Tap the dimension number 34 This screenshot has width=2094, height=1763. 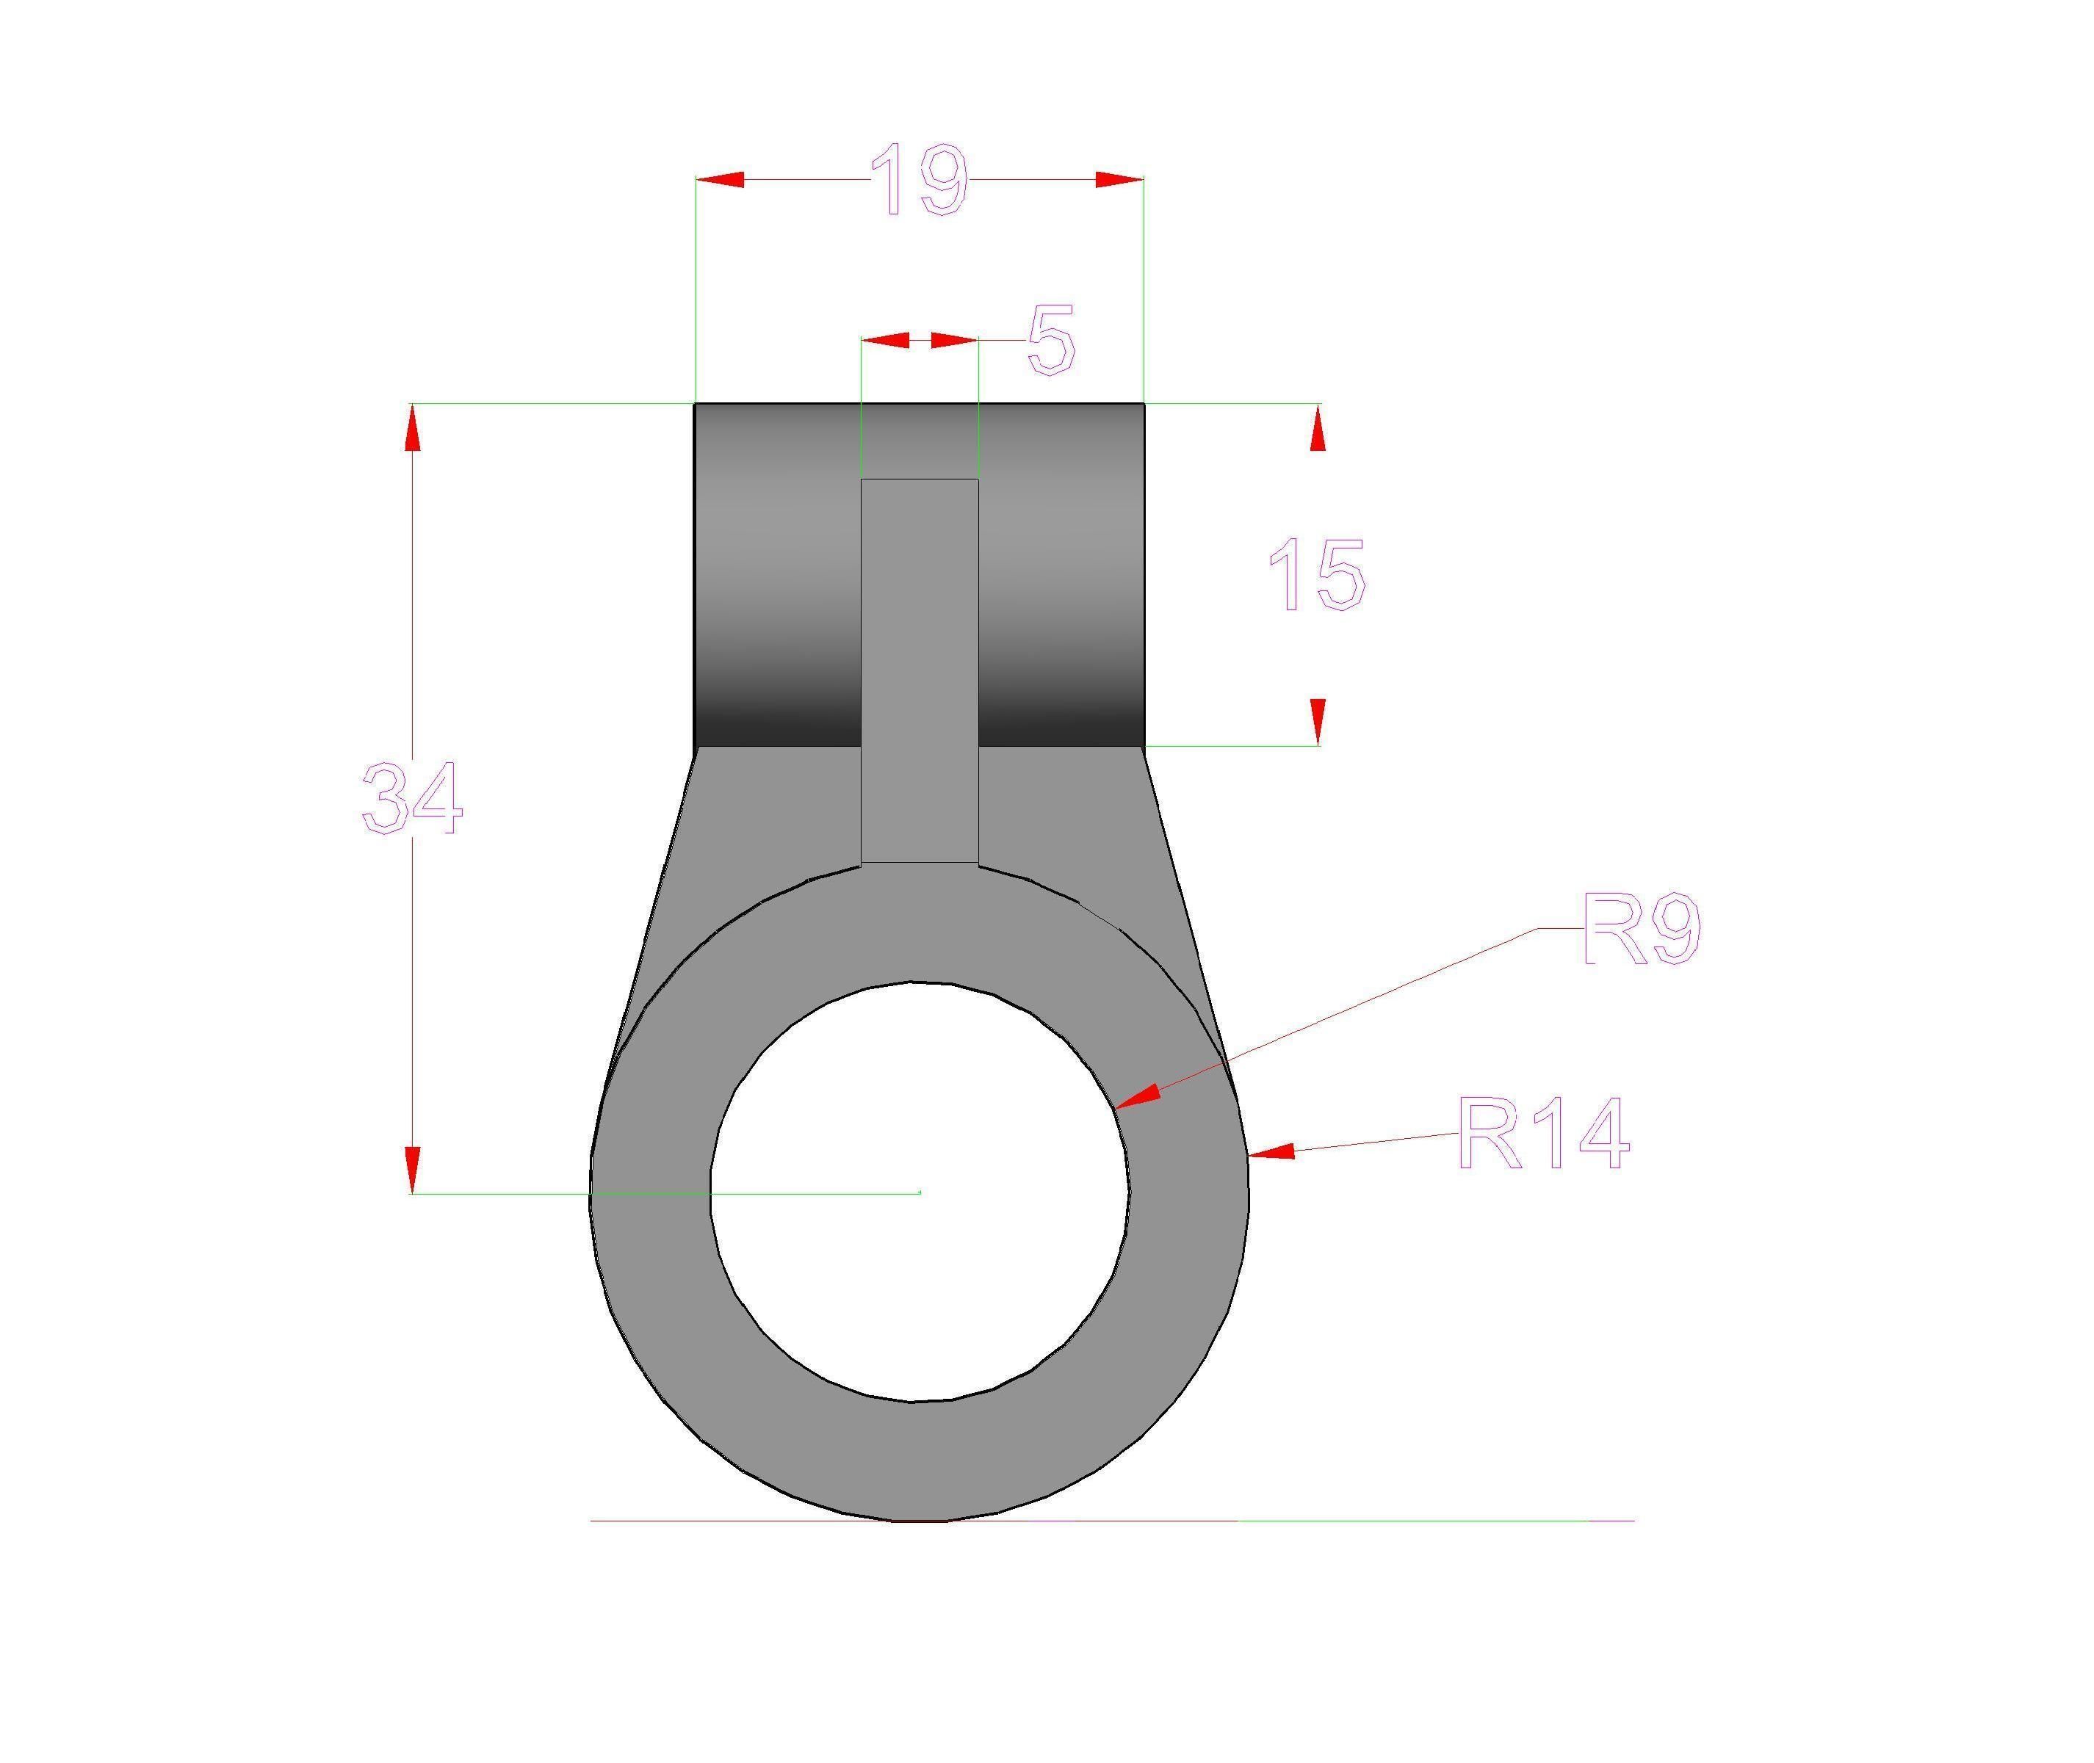(412, 797)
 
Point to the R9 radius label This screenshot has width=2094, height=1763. (1640, 930)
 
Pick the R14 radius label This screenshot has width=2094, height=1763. (1542, 1134)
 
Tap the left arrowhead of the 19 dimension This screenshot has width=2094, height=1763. (718, 180)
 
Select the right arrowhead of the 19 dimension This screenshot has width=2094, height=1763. (1119, 180)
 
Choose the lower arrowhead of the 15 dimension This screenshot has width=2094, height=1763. (1318, 720)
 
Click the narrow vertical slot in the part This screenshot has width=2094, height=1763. (920, 670)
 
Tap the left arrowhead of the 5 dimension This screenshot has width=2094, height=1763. (884, 341)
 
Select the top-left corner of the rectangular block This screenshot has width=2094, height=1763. (696, 404)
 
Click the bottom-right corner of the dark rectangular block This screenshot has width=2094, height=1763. (1144, 745)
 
